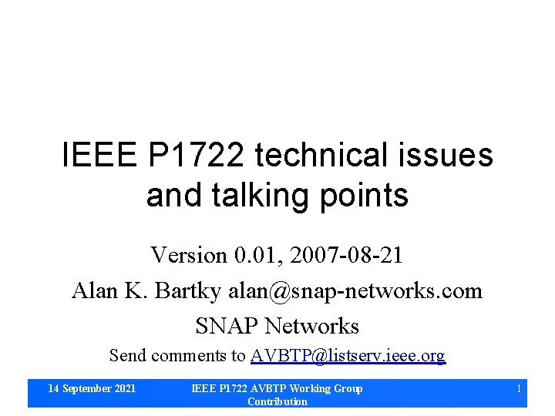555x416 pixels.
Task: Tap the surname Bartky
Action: pyautogui.click(x=187, y=290)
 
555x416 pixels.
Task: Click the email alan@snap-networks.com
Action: pyautogui.click(x=355, y=290)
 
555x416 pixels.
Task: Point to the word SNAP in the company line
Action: pyautogui.click(x=227, y=326)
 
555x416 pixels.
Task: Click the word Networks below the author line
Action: pyautogui.click(x=312, y=326)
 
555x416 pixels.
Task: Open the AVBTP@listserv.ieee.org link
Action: pyautogui.click(x=348, y=356)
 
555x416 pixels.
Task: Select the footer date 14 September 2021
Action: pyautogui.click(x=92, y=388)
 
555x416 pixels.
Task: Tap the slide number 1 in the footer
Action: pyautogui.click(x=519, y=388)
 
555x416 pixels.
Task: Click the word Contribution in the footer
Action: pyautogui.click(x=277, y=401)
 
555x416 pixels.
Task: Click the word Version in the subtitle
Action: pyautogui.click(x=190, y=255)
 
